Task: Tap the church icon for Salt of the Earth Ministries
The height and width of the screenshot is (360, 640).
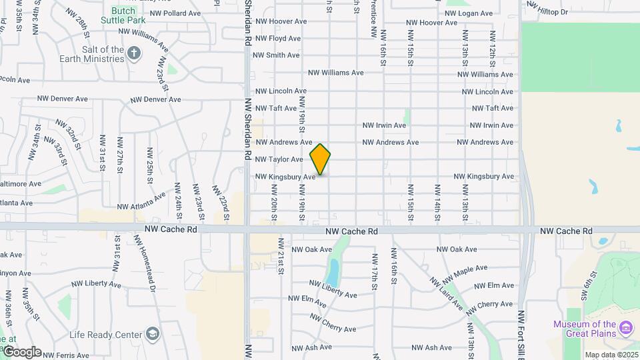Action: click(x=134, y=53)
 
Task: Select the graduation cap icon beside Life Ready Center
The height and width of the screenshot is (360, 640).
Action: click(x=153, y=334)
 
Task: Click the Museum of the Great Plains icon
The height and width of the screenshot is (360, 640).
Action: click(x=626, y=327)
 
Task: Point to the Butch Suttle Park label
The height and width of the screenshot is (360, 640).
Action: click(x=118, y=15)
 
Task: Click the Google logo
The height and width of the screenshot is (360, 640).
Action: click(x=21, y=352)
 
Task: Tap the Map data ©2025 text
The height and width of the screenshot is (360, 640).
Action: click(x=611, y=355)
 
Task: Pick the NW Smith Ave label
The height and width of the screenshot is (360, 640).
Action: click(x=277, y=55)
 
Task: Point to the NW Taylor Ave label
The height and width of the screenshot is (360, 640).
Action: click(x=279, y=159)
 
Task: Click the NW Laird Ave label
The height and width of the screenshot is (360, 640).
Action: click(x=445, y=294)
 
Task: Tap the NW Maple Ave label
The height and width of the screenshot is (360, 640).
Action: click(x=465, y=273)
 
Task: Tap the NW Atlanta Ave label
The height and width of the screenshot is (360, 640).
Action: click(x=141, y=201)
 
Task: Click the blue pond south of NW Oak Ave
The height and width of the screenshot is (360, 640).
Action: click(x=332, y=271)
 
